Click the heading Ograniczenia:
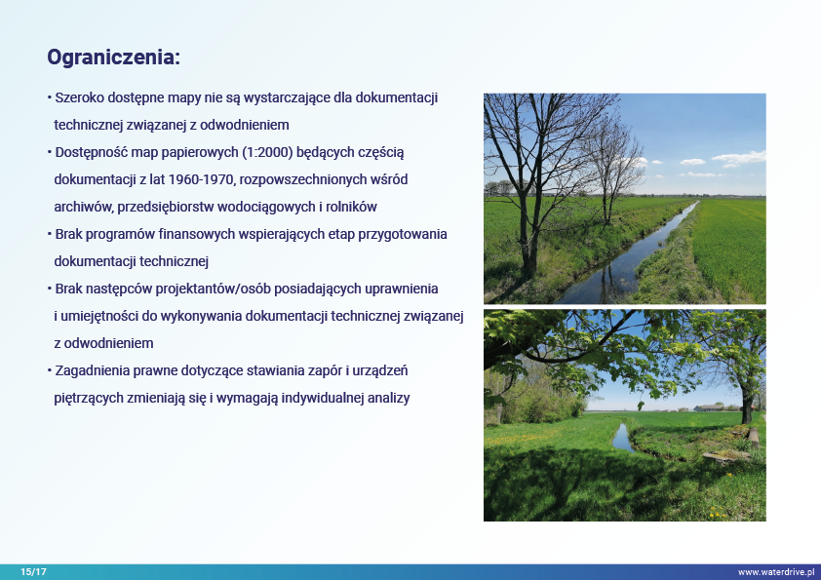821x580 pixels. click(114, 58)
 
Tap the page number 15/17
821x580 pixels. click(33, 572)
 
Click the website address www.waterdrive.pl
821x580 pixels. click(776, 572)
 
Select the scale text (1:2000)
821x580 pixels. click(267, 152)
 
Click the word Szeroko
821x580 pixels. click(80, 97)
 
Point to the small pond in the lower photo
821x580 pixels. click(622, 438)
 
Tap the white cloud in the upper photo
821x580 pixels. click(739, 157)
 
